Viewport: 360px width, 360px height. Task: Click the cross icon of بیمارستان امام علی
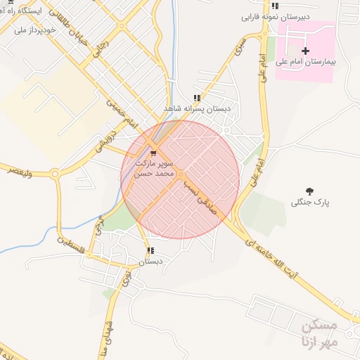(305, 51)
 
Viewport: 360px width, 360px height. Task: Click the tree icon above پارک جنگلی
(309, 191)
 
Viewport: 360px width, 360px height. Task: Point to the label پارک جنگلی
(310, 202)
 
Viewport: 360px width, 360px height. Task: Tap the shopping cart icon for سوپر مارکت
(153, 150)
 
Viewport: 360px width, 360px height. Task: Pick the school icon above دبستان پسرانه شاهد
(197, 98)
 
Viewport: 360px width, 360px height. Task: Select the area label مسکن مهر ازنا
(319, 332)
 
